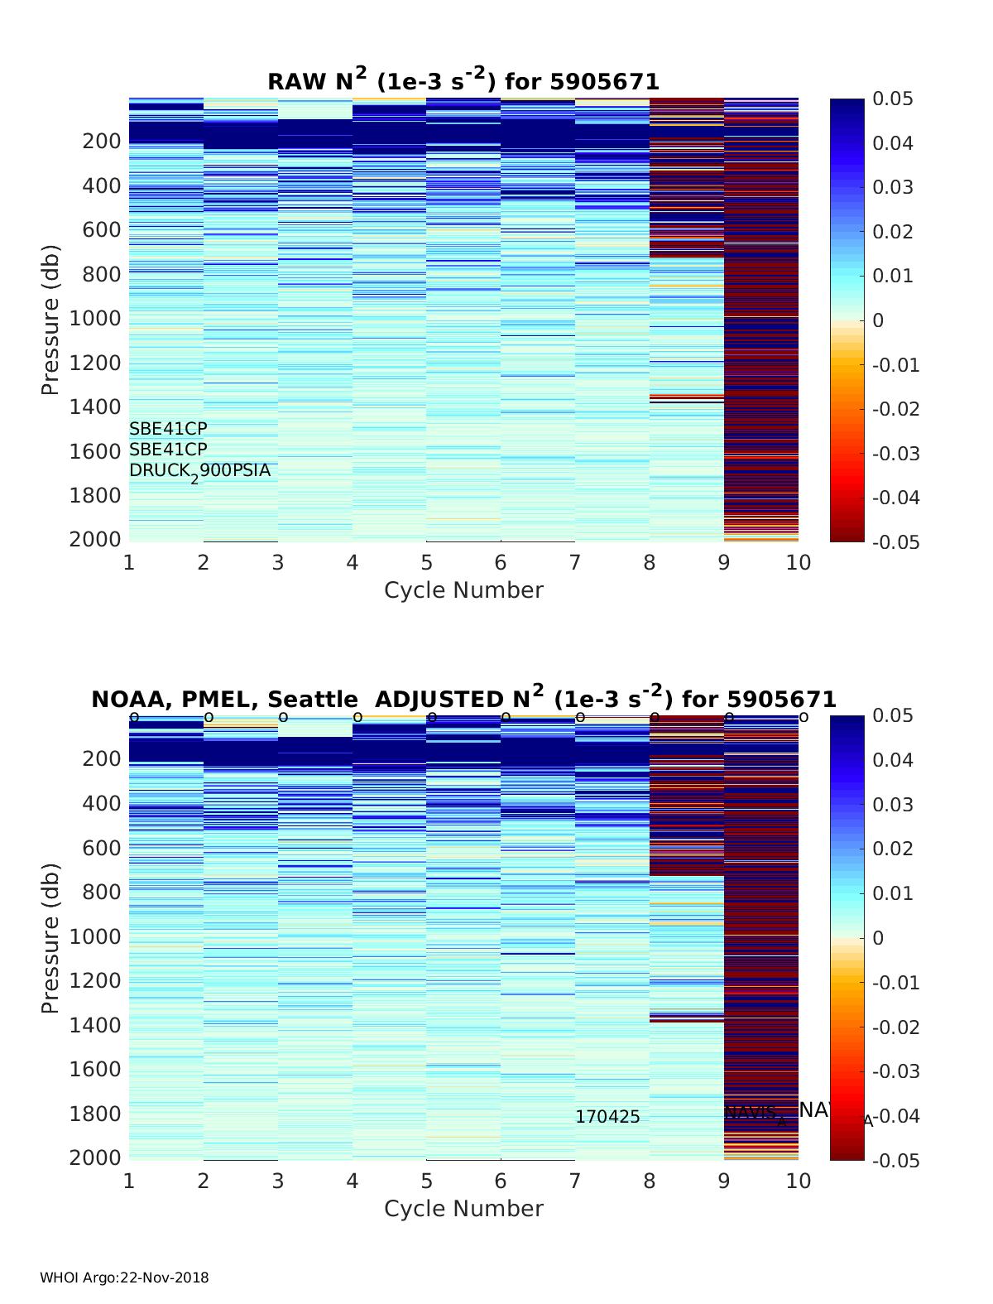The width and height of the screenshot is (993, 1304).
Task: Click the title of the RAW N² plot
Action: [x=463, y=80]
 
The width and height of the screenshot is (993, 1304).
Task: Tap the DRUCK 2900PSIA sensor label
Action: [x=199, y=471]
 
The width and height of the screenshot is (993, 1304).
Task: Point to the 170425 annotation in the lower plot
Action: [x=607, y=1117]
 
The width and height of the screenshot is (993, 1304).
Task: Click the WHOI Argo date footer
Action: [x=124, y=1278]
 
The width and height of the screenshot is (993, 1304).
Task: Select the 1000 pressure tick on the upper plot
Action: [x=101, y=319]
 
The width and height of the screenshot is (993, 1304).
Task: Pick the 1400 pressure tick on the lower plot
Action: [x=101, y=1025]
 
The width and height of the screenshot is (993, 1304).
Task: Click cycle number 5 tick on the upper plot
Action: [x=426, y=563]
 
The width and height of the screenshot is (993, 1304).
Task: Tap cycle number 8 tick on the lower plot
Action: [x=650, y=1181]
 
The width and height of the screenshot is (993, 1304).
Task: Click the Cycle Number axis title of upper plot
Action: [x=463, y=590]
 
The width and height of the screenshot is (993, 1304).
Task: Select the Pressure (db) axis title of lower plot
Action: [x=50, y=937]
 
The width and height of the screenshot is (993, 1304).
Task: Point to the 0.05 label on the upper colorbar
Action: [x=893, y=99]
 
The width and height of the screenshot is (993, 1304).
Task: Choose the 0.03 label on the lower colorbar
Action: [x=893, y=805]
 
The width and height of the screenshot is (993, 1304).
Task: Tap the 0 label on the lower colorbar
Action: [x=879, y=938]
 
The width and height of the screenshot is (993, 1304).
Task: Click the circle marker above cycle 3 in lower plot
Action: [x=283, y=717]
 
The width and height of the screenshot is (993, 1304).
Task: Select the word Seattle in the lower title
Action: [x=313, y=700]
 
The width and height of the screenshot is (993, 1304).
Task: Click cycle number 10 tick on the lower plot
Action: [x=799, y=1181]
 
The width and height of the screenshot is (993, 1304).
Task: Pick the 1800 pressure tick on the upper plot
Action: [x=101, y=496]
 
